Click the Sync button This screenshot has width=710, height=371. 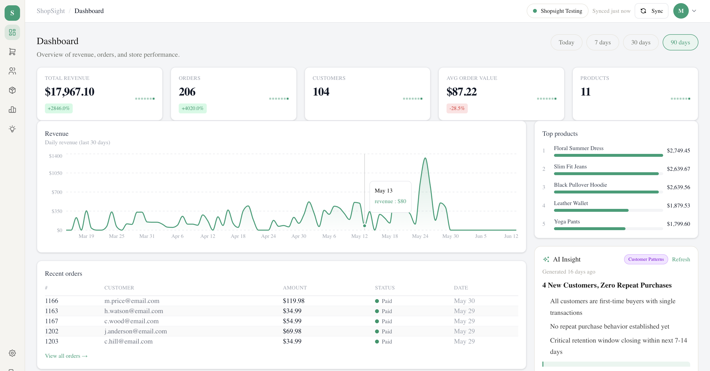coord(651,11)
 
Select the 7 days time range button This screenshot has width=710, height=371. coord(603,42)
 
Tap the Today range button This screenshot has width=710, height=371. coord(566,42)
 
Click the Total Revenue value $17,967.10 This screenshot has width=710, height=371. coord(70,92)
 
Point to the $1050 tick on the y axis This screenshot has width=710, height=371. coord(56,173)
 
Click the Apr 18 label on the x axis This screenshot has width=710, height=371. coord(238,236)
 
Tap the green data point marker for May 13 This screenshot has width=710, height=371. coord(365,226)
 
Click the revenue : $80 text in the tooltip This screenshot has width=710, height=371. coord(390,201)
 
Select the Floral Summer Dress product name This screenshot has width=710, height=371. coord(579,148)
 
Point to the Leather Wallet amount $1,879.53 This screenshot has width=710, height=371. coord(678,206)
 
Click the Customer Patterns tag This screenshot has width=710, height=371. coord(646,259)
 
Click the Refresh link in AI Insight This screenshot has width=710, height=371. coord(681,259)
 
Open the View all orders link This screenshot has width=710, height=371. coord(66,356)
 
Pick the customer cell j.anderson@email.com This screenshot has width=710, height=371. coord(136,331)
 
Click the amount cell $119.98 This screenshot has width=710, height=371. coord(293,301)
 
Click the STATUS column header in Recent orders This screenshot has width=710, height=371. coord(385,288)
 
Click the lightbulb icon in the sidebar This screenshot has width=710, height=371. coord(12,129)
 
